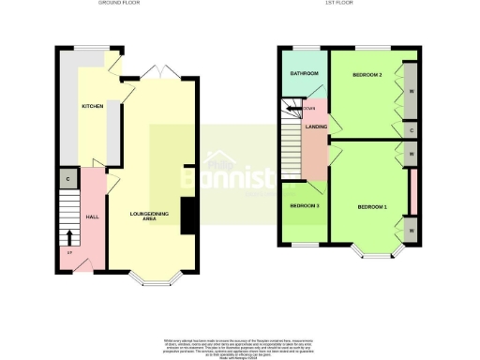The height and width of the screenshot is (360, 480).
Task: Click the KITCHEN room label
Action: pos(91,107)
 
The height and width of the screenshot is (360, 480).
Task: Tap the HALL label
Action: pos(93,217)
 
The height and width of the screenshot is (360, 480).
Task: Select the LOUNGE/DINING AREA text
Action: pos(150,217)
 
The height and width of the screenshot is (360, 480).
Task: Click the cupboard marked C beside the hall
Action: pos(68,177)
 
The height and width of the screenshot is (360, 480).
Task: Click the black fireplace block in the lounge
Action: pos(188,215)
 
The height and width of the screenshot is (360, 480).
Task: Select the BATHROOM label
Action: pos(304,73)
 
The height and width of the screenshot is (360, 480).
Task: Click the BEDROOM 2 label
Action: pos(368,73)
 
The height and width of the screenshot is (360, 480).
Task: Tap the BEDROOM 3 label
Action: pos(304,205)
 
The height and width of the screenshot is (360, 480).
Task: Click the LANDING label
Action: pos(316,141)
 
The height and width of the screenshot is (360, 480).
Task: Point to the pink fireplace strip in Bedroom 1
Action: pos(412,187)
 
